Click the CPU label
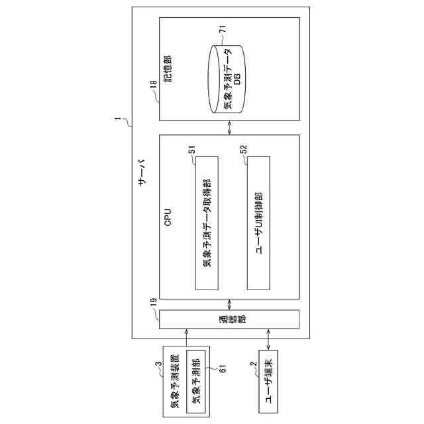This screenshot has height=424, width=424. point(168,217)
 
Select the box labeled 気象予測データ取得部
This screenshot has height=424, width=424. point(207,223)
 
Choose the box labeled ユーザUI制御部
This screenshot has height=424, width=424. point(258,223)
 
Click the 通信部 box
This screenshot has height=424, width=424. point(229,319)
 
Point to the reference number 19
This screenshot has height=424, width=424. point(153,302)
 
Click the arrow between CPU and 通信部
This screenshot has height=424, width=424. point(229,304)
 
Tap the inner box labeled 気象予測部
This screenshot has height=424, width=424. point(196,378)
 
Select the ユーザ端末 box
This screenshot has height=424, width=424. point(269,378)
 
